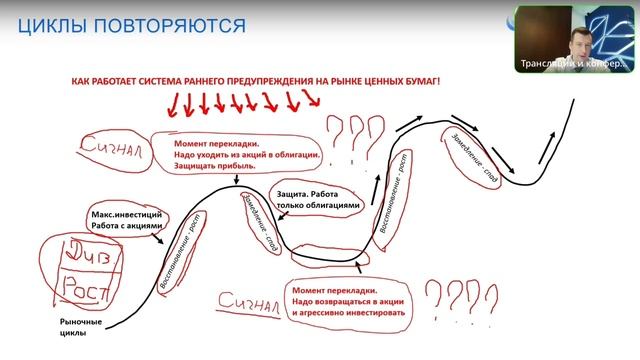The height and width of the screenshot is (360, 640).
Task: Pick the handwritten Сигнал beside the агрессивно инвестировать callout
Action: click(246, 303)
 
